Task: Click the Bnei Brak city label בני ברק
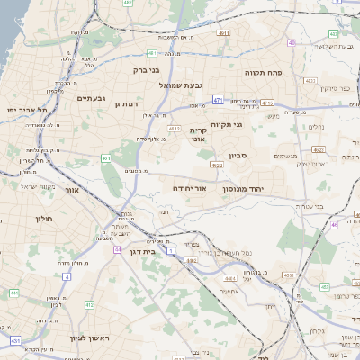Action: [146, 69]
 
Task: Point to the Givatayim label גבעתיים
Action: [91, 98]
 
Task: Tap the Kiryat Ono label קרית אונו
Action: [199, 134]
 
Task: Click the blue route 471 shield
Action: [218, 99]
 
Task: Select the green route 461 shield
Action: [106, 158]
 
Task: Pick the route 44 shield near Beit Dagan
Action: [117, 248]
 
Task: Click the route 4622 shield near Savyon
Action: [217, 165]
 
